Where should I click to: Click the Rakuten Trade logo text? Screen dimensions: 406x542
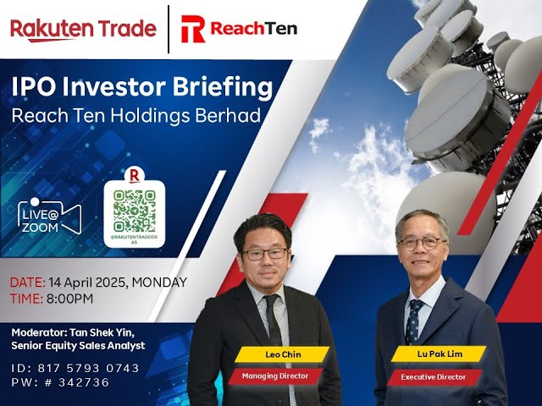coord(83,29)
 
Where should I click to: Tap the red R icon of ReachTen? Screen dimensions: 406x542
coord(193,29)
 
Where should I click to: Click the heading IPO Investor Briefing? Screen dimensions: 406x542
coord(142,87)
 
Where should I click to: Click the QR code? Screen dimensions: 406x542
coord(135,210)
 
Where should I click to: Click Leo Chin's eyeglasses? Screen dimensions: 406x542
coord(263,253)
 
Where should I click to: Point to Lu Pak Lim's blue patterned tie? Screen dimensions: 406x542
coord(414,321)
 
